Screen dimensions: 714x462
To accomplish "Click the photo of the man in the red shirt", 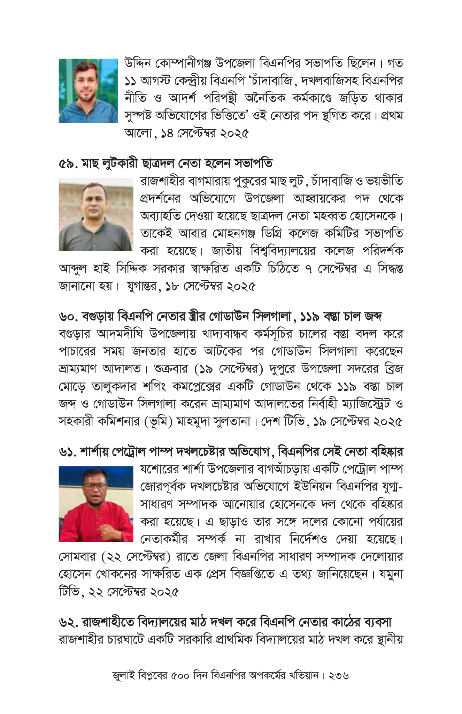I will click(96, 503).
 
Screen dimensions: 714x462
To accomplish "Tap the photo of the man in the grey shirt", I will click(96, 214).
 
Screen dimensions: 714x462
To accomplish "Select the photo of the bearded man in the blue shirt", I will click(88, 91).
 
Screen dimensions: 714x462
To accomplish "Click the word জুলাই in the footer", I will click(124, 676).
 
